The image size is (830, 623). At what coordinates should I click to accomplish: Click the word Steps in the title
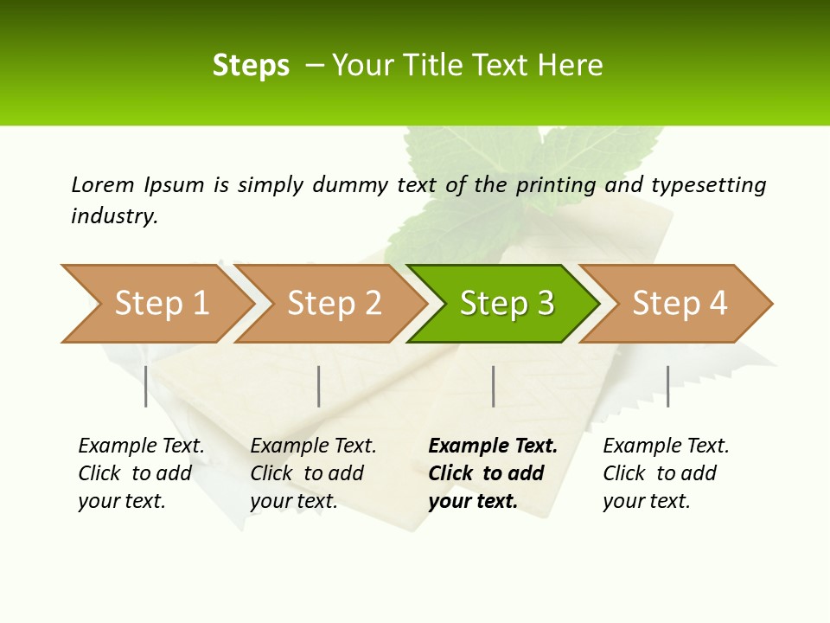[251, 66]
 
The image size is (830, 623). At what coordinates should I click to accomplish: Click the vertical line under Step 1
[146, 386]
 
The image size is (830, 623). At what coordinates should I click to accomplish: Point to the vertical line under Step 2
[319, 386]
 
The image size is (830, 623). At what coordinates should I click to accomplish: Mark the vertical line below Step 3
[493, 386]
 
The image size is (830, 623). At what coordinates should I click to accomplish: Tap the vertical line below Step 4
[667, 386]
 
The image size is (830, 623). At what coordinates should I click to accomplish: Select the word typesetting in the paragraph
[709, 184]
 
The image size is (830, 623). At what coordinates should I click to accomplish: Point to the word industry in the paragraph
[114, 216]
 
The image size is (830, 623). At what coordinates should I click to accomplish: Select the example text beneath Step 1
[141, 473]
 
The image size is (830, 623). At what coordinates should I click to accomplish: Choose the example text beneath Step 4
[666, 473]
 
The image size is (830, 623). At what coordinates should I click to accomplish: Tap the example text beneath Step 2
[313, 473]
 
